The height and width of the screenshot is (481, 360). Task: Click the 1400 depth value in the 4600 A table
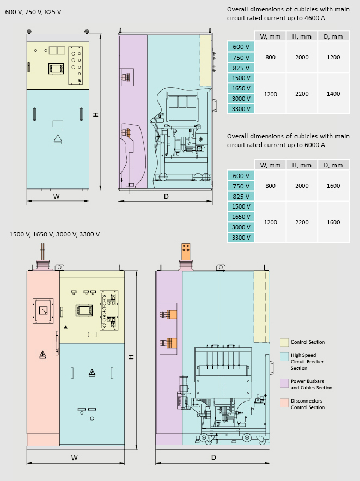[333, 94]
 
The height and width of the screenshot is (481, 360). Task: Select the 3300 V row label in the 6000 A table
[241, 238]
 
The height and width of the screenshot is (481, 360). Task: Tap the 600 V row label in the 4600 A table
[241, 47]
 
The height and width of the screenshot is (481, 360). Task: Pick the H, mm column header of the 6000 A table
[302, 165]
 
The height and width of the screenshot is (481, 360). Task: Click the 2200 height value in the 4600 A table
[302, 94]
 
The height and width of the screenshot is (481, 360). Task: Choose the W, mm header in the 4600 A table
[270, 36]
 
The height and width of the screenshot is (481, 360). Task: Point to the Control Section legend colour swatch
[284, 342]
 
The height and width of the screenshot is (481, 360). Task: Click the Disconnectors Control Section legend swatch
[284, 403]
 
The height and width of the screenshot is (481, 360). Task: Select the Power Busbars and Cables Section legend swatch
[284, 383]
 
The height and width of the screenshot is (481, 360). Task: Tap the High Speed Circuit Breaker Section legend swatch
[284, 357]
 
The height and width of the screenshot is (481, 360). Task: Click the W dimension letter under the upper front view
[57, 197]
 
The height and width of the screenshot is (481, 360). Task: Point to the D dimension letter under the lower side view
[213, 458]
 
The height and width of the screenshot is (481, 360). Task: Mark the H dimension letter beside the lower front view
[131, 357]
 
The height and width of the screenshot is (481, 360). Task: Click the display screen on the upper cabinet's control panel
[56, 69]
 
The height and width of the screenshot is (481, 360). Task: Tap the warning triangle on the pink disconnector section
[42, 355]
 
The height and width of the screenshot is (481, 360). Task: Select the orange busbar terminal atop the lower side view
[186, 252]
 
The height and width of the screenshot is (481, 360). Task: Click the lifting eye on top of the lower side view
[221, 267]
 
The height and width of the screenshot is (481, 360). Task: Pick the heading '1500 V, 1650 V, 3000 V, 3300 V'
[54, 234]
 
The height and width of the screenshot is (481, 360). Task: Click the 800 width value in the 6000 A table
[270, 186]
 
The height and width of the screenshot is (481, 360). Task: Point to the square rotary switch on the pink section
[43, 310]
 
